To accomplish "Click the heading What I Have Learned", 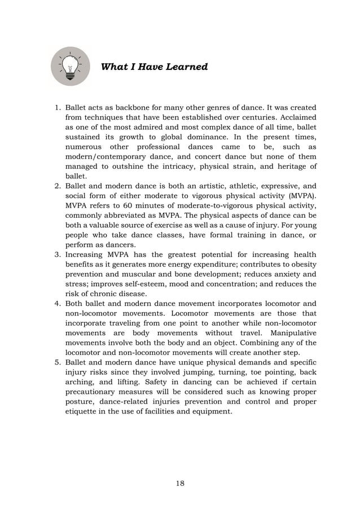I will click(x=153, y=67).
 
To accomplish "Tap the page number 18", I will click(x=180, y=483).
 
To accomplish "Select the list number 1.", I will click(x=57, y=107).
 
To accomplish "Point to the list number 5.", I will click(x=57, y=361).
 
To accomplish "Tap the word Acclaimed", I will click(x=297, y=118).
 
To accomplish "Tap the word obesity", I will click(x=302, y=265).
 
